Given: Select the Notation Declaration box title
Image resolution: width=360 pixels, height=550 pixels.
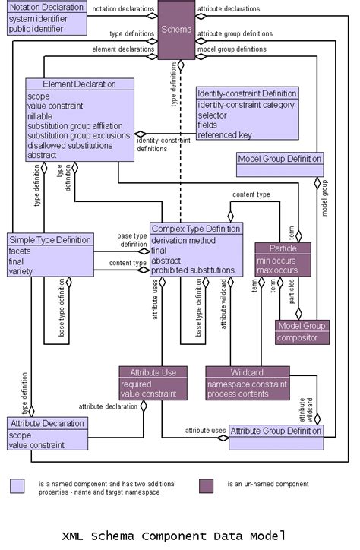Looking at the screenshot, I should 46,8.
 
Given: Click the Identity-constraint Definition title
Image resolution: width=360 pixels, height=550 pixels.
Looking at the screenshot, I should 247,93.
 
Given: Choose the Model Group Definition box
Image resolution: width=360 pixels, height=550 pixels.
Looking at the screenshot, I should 280,159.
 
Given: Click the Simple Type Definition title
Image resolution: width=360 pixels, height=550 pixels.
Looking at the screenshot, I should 51,239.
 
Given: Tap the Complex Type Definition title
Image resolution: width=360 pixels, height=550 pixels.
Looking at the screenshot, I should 196,229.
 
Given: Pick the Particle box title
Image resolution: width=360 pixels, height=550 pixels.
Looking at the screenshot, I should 283,248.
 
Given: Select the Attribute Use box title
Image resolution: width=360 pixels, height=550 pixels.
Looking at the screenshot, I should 153,372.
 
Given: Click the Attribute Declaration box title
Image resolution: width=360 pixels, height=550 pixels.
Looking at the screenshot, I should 48,423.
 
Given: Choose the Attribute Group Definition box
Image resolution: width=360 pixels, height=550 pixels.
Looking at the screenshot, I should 276,431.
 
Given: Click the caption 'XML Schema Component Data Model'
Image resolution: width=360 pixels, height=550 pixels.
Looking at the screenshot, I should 174,536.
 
